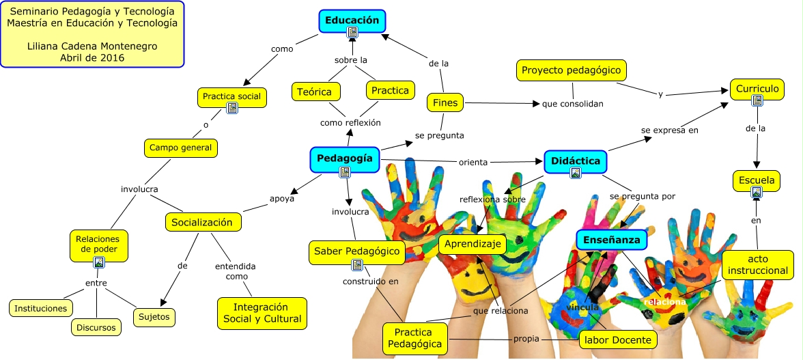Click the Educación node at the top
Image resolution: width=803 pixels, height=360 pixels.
(x=352, y=20)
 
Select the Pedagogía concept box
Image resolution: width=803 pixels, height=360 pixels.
(x=344, y=158)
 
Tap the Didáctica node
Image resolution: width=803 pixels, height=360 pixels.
(x=576, y=161)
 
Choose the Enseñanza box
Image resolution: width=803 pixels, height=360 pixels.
(x=611, y=240)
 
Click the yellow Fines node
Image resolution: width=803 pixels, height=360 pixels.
(x=445, y=103)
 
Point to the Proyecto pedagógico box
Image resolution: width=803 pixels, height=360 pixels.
(x=571, y=70)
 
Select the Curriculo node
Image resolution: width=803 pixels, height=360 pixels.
(x=757, y=89)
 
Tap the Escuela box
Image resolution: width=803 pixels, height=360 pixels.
(x=756, y=181)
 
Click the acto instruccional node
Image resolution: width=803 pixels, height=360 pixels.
(x=758, y=265)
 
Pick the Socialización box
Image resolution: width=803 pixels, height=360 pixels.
(x=202, y=222)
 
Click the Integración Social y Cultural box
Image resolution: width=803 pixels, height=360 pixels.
(x=260, y=313)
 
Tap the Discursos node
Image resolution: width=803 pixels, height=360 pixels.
(x=96, y=327)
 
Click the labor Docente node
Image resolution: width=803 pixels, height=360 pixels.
(x=618, y=339)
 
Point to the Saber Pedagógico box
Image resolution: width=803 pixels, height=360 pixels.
(x=356, y=251)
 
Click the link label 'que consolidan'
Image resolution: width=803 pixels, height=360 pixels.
(x=572, y=104)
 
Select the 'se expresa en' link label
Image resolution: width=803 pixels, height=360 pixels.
(x=669, y=129)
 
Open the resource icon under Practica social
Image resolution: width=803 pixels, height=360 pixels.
(x=232, y=108)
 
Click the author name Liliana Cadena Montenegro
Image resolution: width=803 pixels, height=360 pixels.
(x=92, y=46)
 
